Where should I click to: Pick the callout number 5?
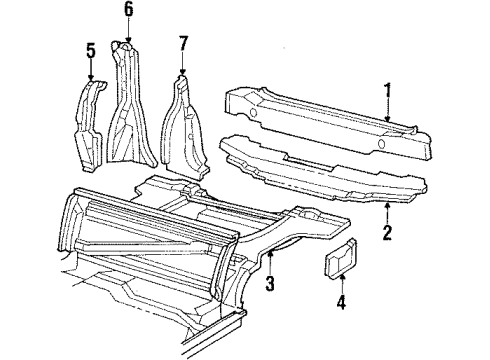[91, 49]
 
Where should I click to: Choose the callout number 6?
[127, 11]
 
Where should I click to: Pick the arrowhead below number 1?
[388, 122]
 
